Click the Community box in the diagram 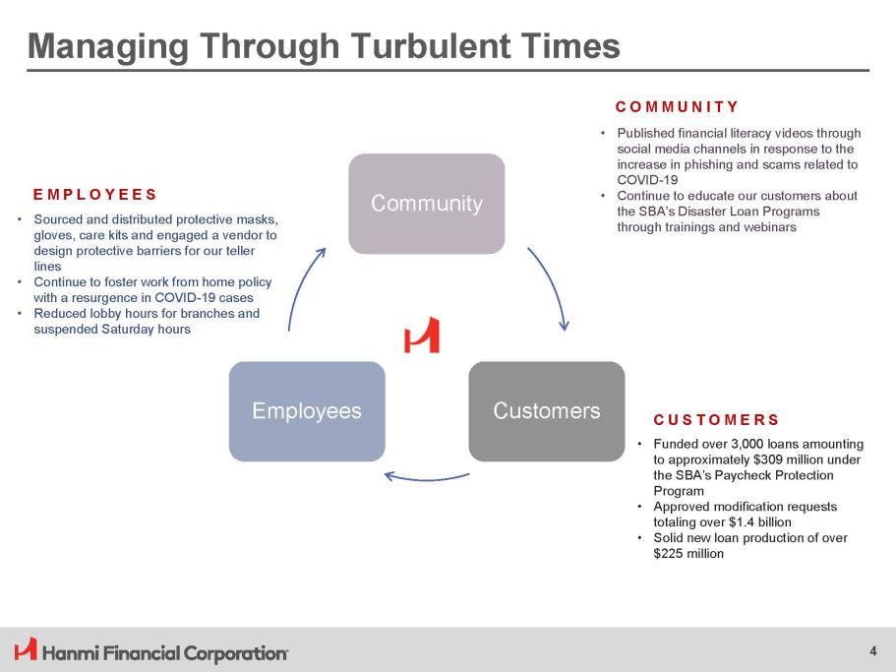click(427, 204)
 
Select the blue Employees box click(306, 410)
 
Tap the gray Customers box click(546, 410)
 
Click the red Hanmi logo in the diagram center click(422, 336)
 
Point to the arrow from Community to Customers click(552, 287)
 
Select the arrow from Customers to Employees click(426, 477)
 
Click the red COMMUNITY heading click(677, 106)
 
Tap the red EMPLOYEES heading click(94, 194)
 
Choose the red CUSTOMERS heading click(716, 420)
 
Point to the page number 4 click(873, 649)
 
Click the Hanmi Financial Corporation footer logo click(151, 650)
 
